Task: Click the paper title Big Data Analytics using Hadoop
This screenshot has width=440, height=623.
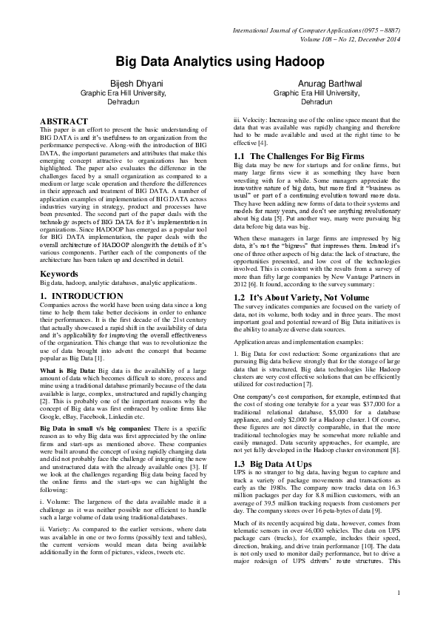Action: (x=220, y=62)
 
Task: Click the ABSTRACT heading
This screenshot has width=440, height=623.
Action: (x=64, y=120)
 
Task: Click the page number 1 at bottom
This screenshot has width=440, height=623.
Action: (x=398, y=613)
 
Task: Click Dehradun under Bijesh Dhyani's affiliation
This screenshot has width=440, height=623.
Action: (x=123, y=101)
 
